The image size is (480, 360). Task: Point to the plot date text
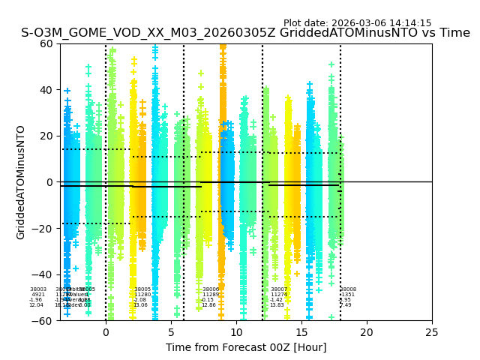357,23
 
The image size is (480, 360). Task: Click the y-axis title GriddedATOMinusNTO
21,182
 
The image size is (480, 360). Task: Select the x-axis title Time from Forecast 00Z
246,347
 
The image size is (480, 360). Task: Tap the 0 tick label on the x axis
106,332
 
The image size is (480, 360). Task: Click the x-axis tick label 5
171,332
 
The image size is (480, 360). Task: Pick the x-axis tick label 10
236,332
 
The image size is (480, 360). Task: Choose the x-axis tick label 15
301,332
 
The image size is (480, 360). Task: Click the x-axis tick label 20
367,332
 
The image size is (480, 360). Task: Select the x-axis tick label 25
432,332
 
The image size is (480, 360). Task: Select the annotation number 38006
211,289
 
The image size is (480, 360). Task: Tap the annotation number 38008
348,289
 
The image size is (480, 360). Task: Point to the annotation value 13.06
140,305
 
